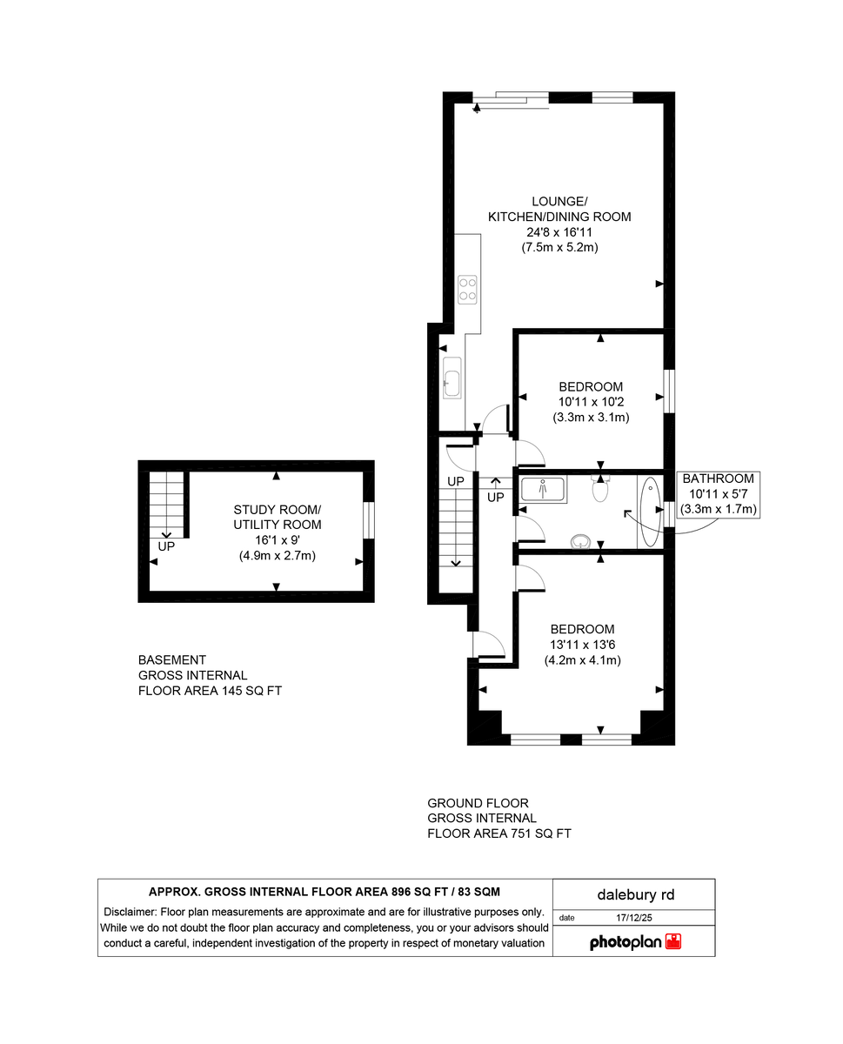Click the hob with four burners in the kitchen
pos(468,288)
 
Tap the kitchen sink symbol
pos(452,378)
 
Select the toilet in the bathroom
pos(600,490)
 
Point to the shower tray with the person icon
pos(544,490)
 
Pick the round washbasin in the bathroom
pos(580,542)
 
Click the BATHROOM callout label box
pos(718,494)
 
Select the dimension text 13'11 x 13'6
pos(582,645)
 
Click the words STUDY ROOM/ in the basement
pos(277,509)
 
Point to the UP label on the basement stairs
pos(166,547)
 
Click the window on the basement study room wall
pos(368,520)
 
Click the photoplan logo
pos(635,941)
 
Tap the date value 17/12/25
pos(633,917)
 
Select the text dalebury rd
pos(634,894)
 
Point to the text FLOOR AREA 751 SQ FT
pos(498,833)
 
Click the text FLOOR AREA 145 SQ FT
pos(210,691)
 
